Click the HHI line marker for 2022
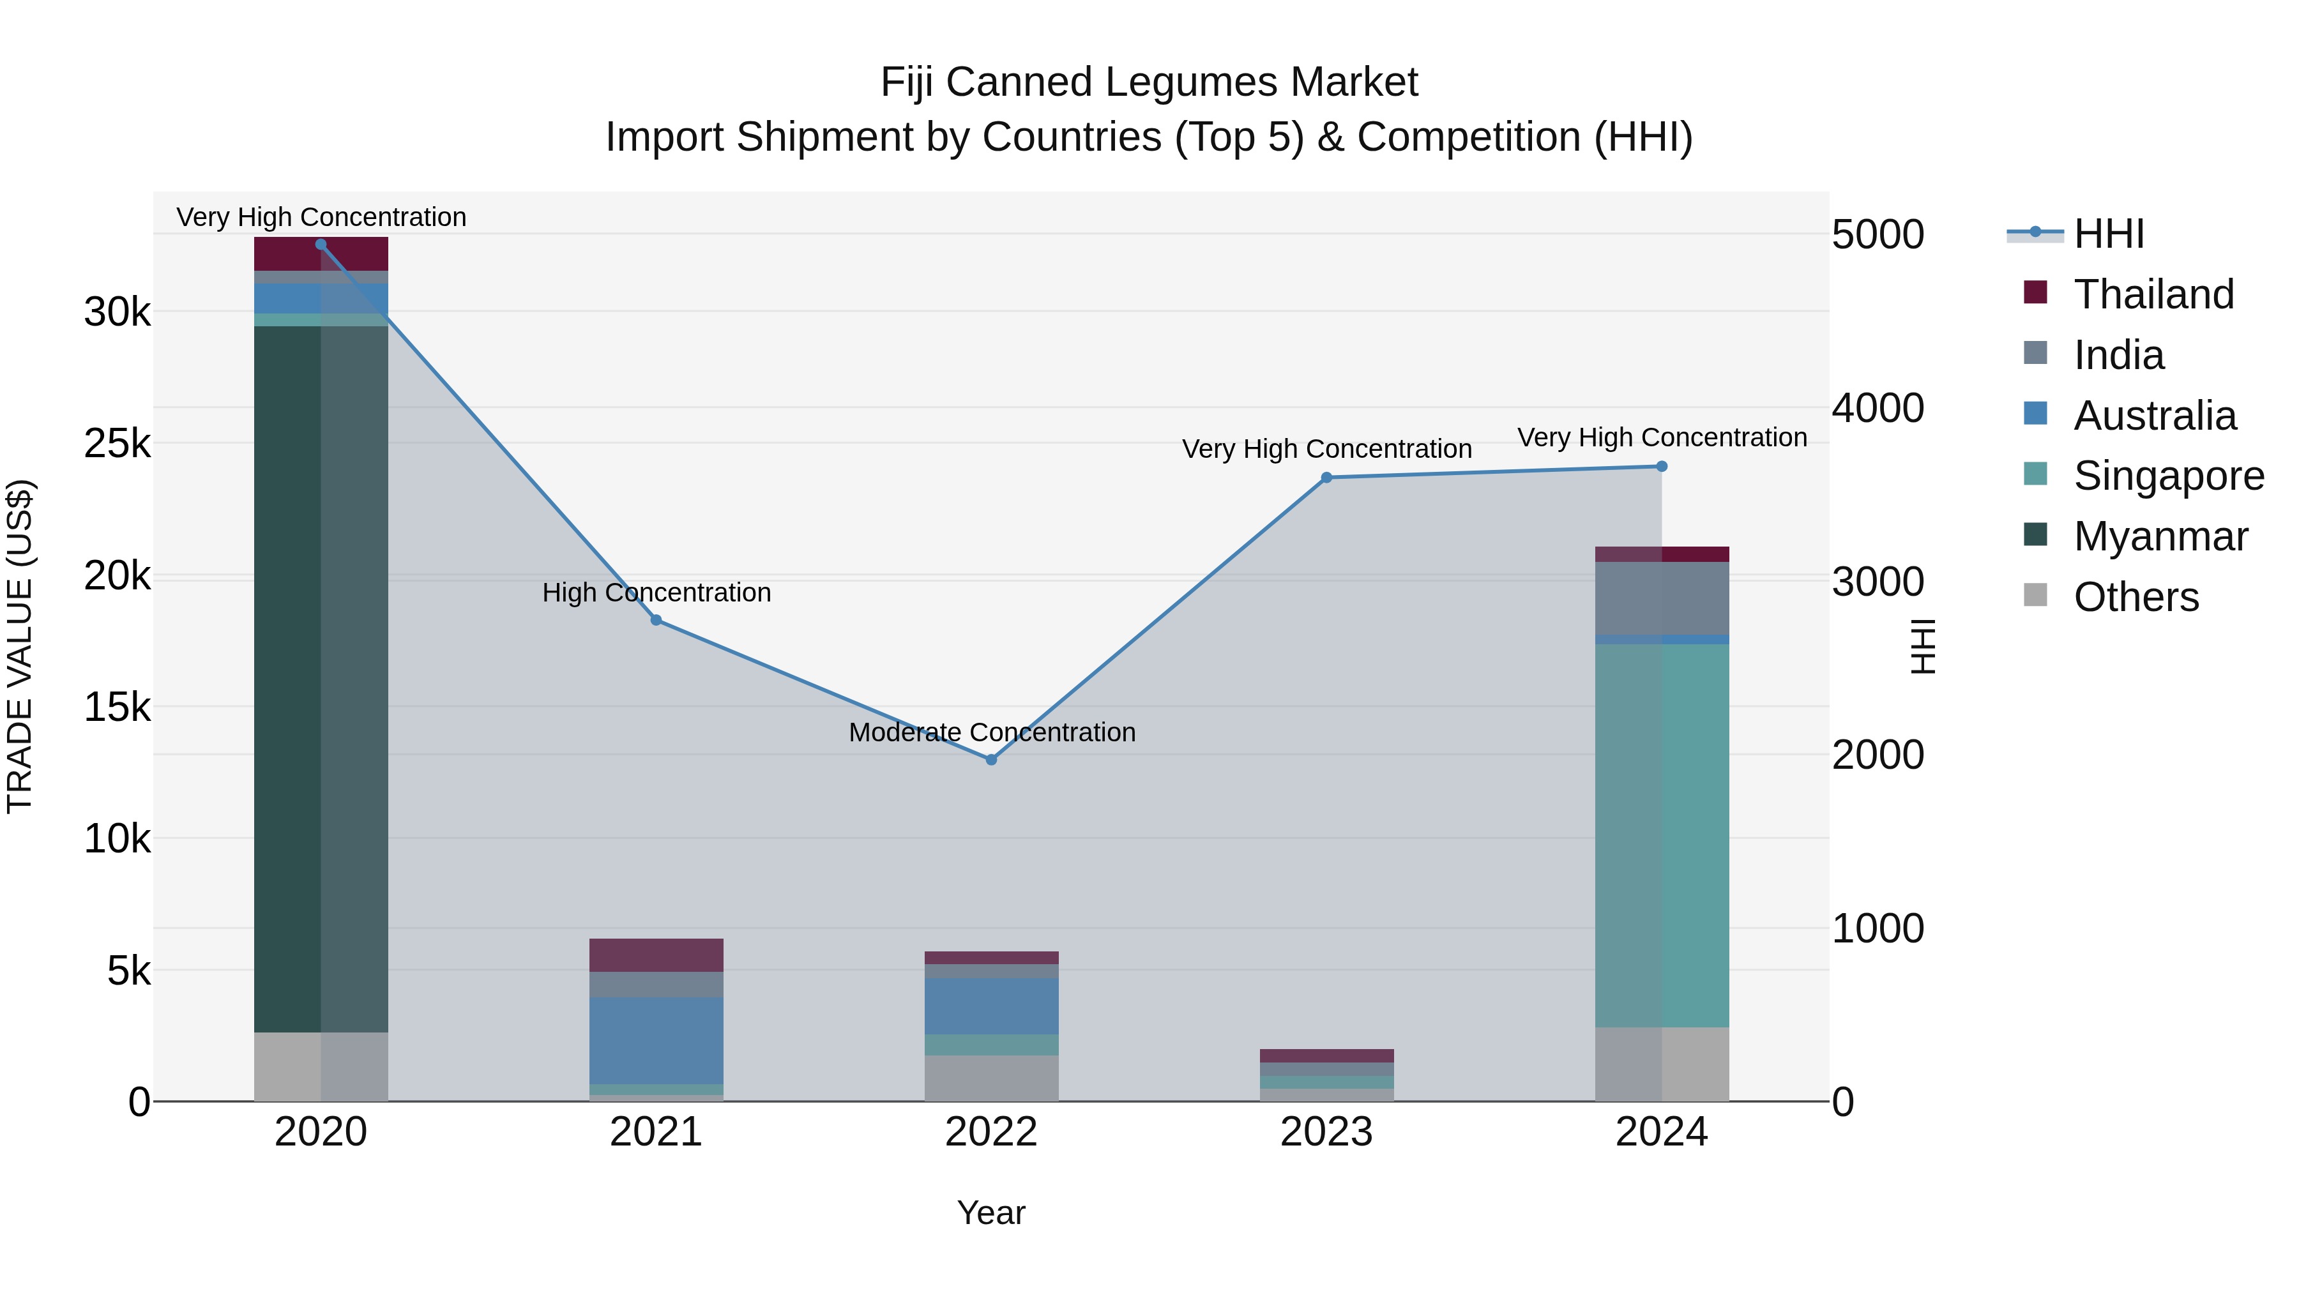(990, 759)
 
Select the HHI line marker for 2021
(656, 619)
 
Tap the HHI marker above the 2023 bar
(1326, 478)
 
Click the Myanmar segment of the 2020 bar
(321, 678)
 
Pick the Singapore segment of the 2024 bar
(1662, 835)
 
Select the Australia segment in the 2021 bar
(656, 1040)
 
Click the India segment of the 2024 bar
(1662, 598)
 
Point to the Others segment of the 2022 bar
(990, 1078)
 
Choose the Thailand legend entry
(2153, 294)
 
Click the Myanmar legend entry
(2160, 536)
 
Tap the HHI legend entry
(2108, 234)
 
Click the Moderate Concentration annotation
(992, 732)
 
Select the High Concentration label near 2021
(656, 593)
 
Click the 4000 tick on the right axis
(1878, 408)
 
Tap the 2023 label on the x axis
(1326, 1132)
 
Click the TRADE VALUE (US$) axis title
(20, 646)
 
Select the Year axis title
(990, 1213)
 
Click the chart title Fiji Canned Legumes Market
(1149, 82)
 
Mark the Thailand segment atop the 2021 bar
(656, 955)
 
